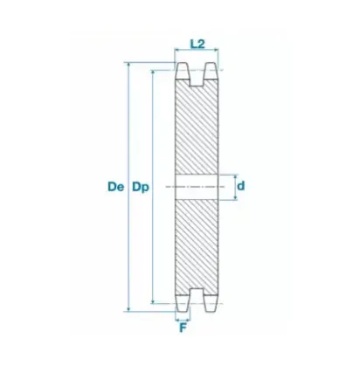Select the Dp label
coord(138,187)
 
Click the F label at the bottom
coord(183,328)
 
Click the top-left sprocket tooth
coord(183,74)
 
